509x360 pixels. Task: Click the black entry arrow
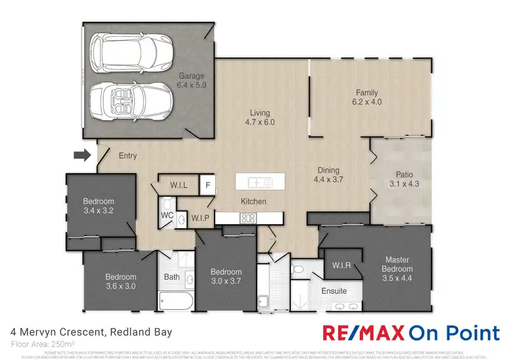(81, 156)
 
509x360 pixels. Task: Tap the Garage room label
(191, 81)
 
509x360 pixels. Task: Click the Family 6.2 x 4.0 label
(366, 97)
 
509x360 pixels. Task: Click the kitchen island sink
(259, 182)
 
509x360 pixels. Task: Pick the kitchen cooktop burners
(248, 218)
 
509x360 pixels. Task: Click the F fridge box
(208, 185)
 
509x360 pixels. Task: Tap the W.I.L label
(179, 185)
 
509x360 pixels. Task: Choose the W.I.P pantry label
(200, 219)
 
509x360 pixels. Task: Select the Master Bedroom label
(396, 264)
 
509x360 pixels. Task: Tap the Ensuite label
(334, 291)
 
